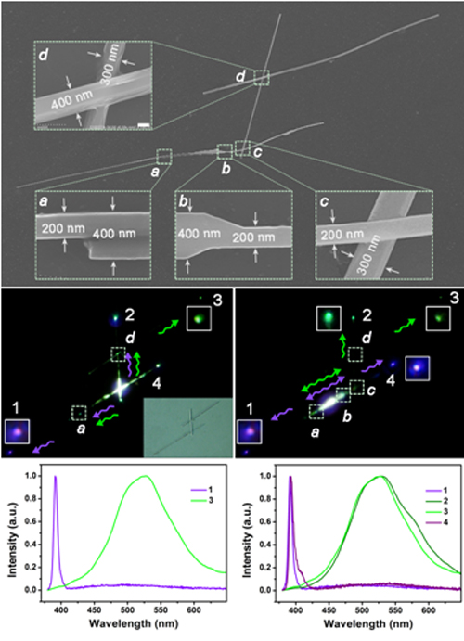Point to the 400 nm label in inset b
(200, 234)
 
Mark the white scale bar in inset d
(142, 124)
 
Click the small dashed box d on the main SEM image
(262, 78)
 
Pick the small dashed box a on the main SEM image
(164, 157)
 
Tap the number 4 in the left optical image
(157, 384)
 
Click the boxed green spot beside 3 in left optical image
(199, 319)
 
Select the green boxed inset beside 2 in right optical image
(329, 319)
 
